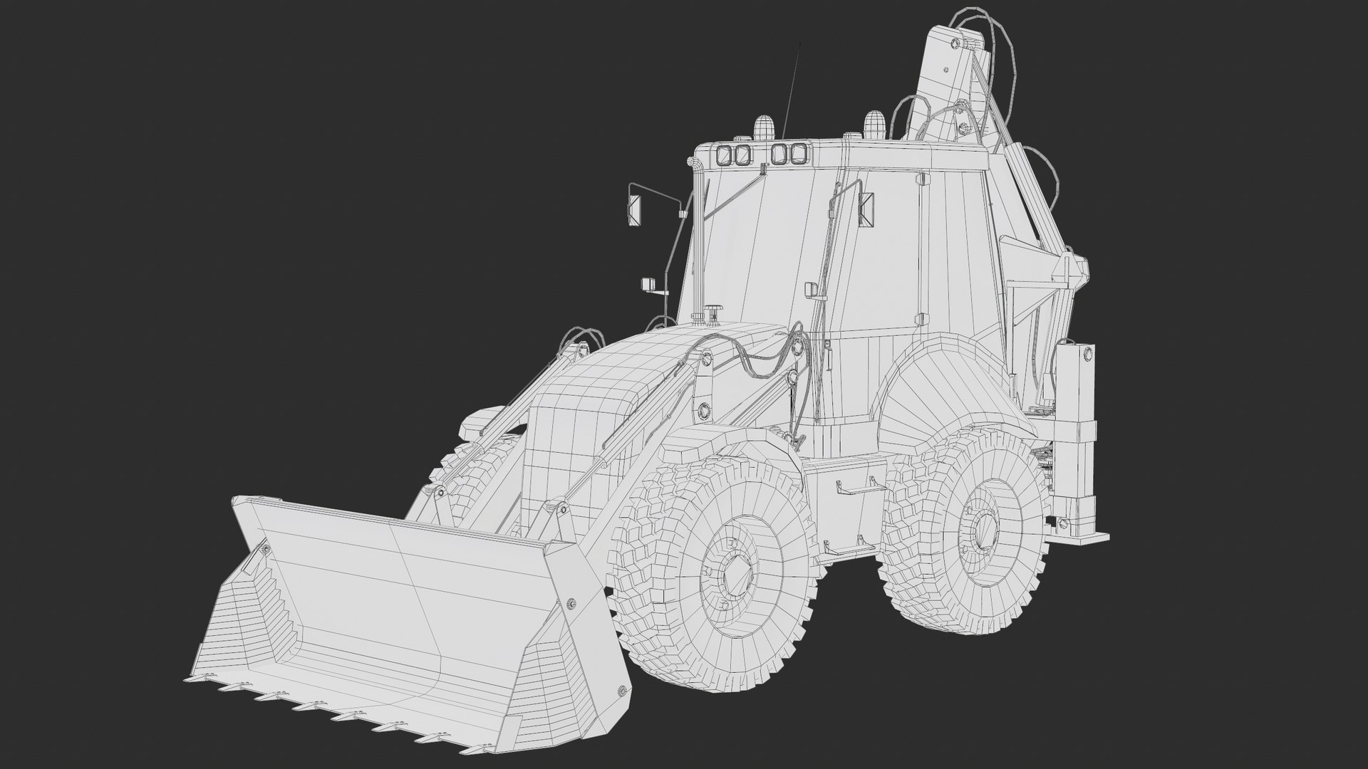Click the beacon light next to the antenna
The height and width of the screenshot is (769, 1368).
[x=762, y=128]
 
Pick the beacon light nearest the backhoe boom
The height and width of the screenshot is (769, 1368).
[x=874, y=124]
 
